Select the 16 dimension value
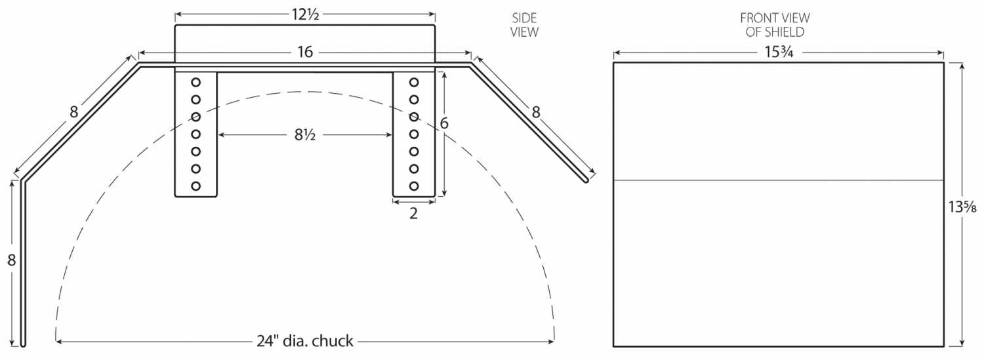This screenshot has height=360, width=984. click(305, 53)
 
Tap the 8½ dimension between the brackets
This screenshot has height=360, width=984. click(305, 136)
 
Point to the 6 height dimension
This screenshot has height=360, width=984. click(444, 123)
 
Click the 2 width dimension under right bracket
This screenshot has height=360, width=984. click(413, 213)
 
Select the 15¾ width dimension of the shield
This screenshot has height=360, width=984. click(777, 53)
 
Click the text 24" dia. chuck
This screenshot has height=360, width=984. click(305, 341)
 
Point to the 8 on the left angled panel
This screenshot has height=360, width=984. click(73, 112)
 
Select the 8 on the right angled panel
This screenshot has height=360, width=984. click(536, 112)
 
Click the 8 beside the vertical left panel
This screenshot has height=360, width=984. click(11, 260)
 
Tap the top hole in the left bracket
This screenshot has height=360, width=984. click(195, 83)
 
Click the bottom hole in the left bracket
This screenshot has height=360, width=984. click(195, 186)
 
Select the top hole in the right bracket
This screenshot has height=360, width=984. click(414, 83)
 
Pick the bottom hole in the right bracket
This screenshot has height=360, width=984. click(414, 186)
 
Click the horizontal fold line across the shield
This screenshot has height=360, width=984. click(778, 180)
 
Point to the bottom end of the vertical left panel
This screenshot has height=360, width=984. click(23, 342)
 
